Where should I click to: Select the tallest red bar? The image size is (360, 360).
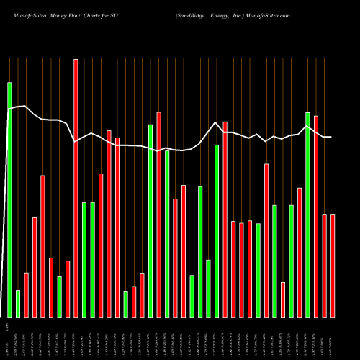click(x=76, y=187)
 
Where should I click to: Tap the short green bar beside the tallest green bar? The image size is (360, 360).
click(x=18, y=303)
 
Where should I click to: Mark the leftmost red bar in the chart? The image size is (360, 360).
click(x=26, y=294)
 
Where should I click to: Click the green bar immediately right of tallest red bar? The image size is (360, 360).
click(x=84, y=259)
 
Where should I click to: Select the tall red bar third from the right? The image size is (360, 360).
click(x=316, y=216)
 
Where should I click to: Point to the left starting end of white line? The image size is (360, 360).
click(x=9, y=109)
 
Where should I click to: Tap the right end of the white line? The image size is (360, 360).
click(x=331, y=137)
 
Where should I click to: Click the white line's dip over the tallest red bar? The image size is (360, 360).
click(x=76, y=142)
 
